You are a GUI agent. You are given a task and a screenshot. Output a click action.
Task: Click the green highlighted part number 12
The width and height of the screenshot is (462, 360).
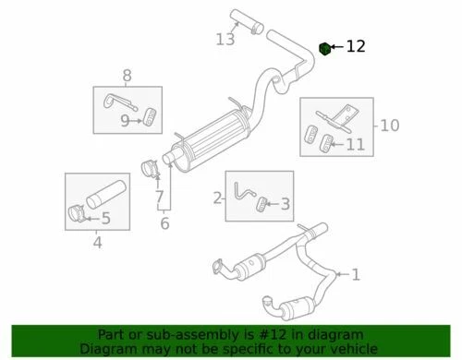[x=325, y=47]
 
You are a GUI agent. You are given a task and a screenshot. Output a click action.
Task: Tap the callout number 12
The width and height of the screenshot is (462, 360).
[x=356, y=46]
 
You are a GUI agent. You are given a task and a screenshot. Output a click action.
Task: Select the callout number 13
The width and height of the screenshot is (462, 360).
[x=225, y=39]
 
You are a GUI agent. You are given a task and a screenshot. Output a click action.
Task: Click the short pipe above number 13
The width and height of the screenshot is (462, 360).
[x=238, y=18]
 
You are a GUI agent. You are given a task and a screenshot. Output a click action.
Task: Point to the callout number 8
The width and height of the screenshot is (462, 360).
[x=127, y=76]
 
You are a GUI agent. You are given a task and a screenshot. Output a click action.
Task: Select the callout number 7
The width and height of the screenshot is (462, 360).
[x=159, y=197]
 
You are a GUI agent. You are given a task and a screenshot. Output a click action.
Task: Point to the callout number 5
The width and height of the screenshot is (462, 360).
[x=105, y=219]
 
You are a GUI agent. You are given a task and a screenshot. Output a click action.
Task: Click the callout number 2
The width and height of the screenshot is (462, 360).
[x=218, y=197]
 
